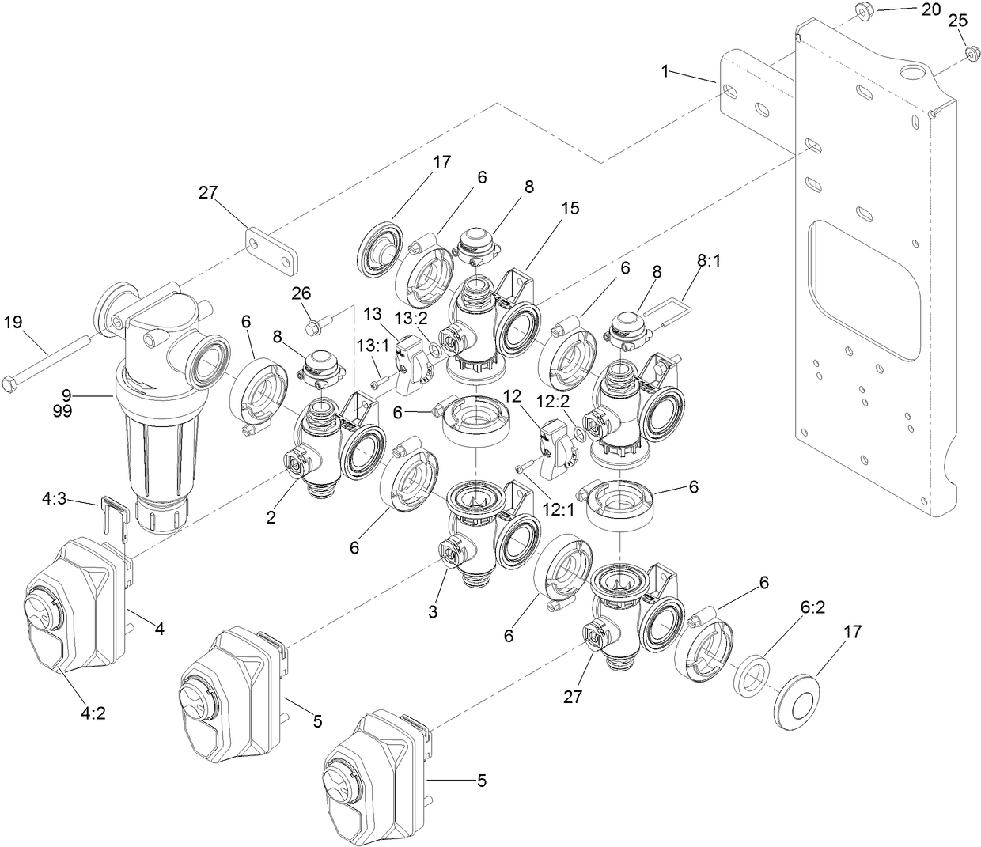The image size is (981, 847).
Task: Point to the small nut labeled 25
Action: (x=970, y=53)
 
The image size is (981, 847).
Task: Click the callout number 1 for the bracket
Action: (x=666, y=71)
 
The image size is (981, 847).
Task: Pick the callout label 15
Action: (x=570, y=209)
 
